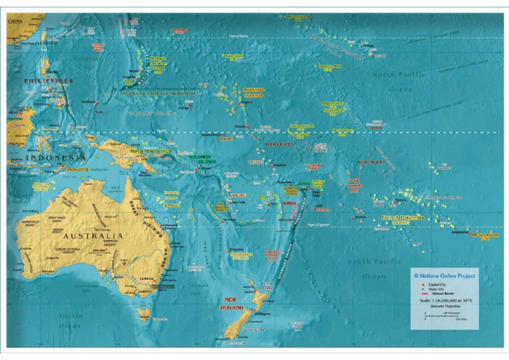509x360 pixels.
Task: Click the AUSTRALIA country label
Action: [93, 235]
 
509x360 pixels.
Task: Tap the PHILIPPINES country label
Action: [48, 80]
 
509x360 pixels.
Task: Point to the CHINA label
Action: [15, 21]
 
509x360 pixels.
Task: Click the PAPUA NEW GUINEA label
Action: [150, 151]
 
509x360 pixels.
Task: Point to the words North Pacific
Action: [392, 75]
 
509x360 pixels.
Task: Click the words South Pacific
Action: [374, 261]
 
